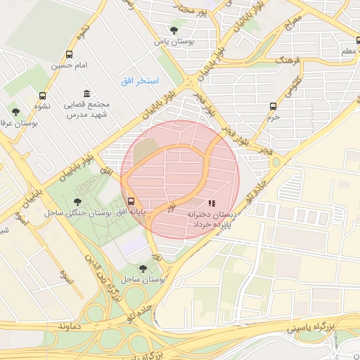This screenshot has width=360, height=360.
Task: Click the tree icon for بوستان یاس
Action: pyautogui.click(x=174, y=30)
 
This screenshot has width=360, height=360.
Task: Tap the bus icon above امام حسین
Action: pyautogui.click(x=69, y=54)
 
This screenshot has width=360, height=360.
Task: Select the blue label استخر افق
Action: pyautogui.click(x=139, y=81)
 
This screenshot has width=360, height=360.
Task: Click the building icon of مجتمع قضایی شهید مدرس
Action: pyautogui.click(x=86, y=94)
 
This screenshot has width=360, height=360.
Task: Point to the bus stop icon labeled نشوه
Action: pyautogui.click(x=43, y=96)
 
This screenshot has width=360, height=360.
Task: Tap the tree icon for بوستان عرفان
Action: pyautogui.click(x=15, y=112)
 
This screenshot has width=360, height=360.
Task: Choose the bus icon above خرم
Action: pyautogui.click(x=273, y=106)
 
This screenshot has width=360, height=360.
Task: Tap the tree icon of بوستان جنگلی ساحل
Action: pyautogui.click(x=77, y=202)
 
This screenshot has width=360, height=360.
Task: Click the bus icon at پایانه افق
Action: pyautogui.click(x=131, y=201)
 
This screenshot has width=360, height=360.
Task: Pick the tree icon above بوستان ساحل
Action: pyautogui.click(x=143, y=268)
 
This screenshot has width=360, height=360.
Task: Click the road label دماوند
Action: pyautogui.click(x=72, y=328)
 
